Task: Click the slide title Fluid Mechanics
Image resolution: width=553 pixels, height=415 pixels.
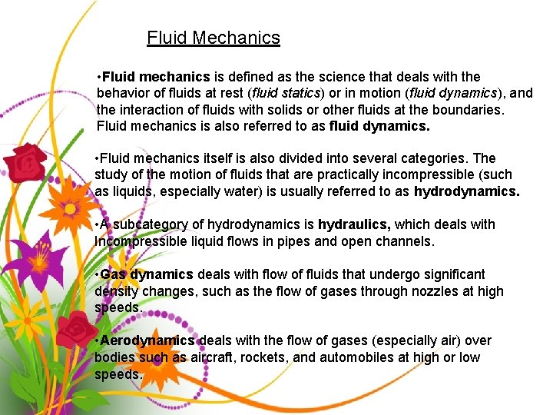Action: [x=213, y=38]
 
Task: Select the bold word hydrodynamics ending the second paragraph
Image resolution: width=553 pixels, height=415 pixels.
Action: [x=466, y=191]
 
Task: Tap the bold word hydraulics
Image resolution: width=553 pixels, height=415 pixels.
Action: [x=354, y=224]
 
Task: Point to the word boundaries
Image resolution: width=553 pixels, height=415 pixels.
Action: [x=466, y=109]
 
